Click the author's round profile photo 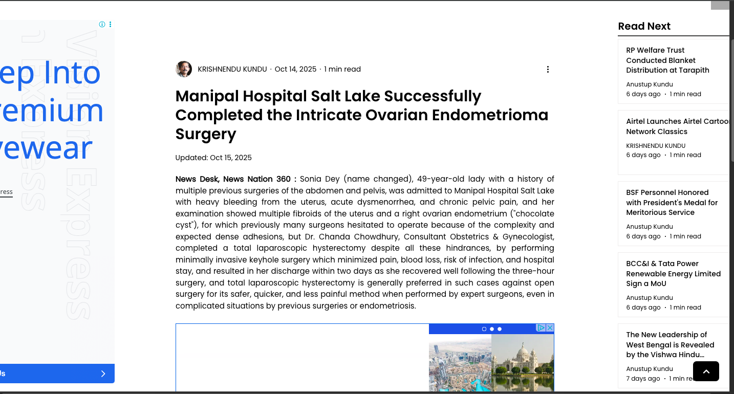[184, 69]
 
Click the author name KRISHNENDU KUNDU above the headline [232, 69]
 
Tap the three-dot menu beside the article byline [548, 69]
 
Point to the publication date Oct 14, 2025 [295, 69]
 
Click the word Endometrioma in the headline [490, 115]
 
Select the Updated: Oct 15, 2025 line [213, 158]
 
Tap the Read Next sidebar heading [644, 27]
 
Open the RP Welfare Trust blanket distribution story [667, 60]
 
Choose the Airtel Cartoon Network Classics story [677, 126]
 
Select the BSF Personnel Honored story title [672, 203]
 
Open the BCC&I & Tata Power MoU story [673, 274]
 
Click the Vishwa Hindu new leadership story [670, 344]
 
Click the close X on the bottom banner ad [550, 327]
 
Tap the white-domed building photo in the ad [522, 362]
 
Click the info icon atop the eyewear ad [102, 25]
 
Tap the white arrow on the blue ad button [103, 374]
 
